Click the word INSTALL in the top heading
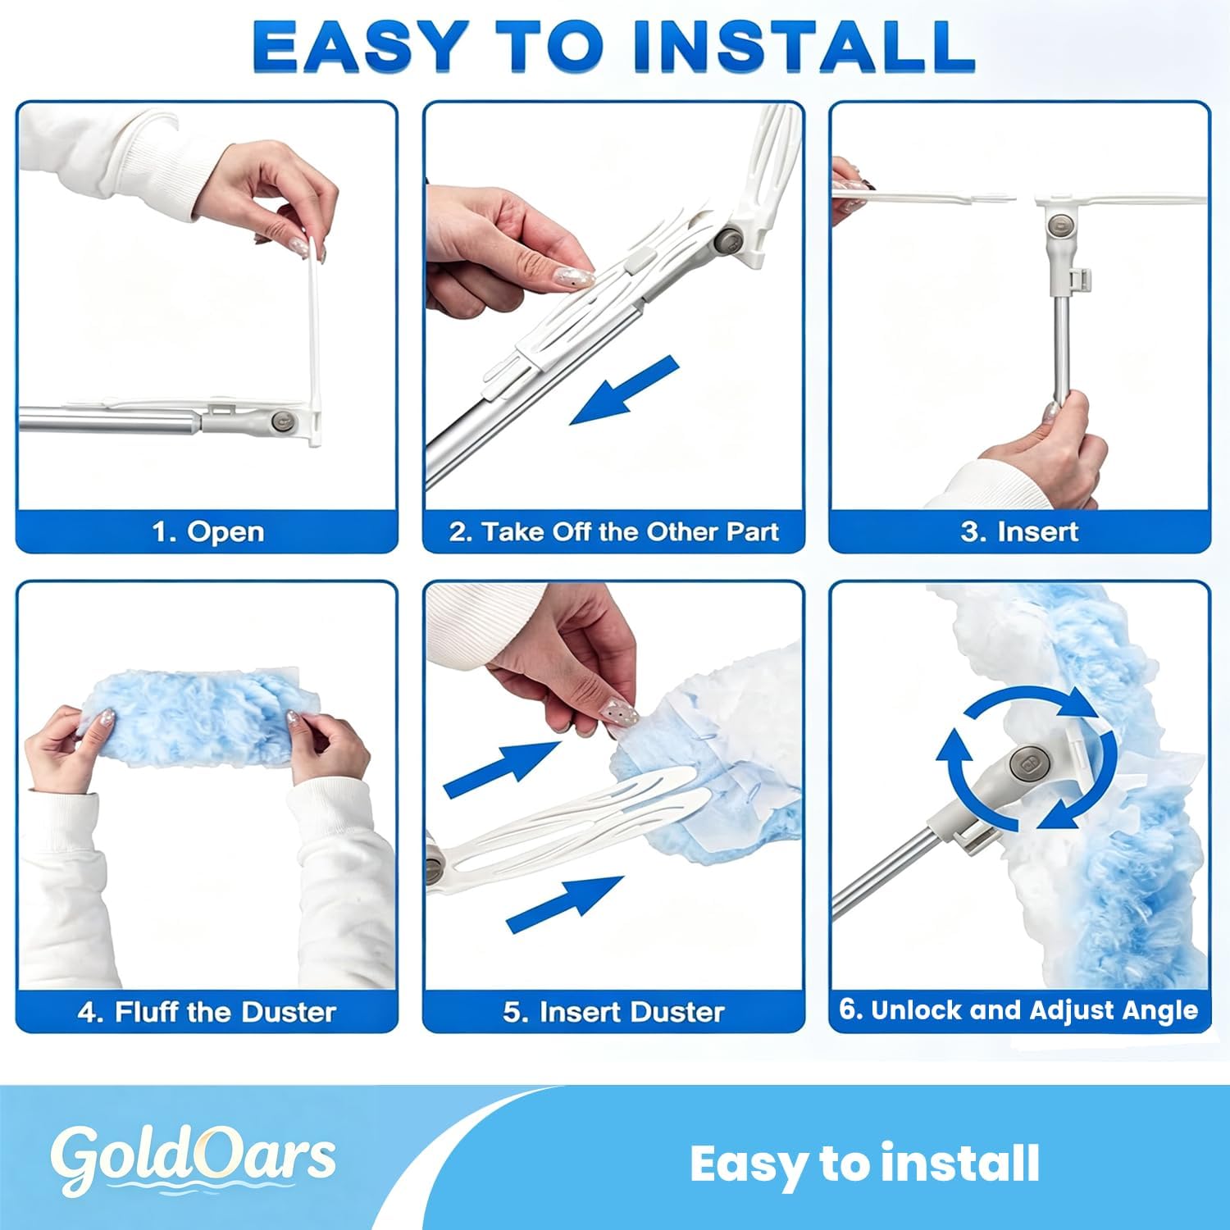tap(804, 46)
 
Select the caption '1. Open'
tap(208, 531)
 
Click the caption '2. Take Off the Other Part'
tap(613, 531)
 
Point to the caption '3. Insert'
tap(1019, 531)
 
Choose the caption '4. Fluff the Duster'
tap(207, 1011)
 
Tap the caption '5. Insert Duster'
tap(613, 1011)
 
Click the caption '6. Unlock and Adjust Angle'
tap(1018, 1009)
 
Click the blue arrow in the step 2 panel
tap(625, 390)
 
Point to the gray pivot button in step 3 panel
tap(1061, 225)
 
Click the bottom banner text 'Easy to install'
tap(864, 1164)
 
